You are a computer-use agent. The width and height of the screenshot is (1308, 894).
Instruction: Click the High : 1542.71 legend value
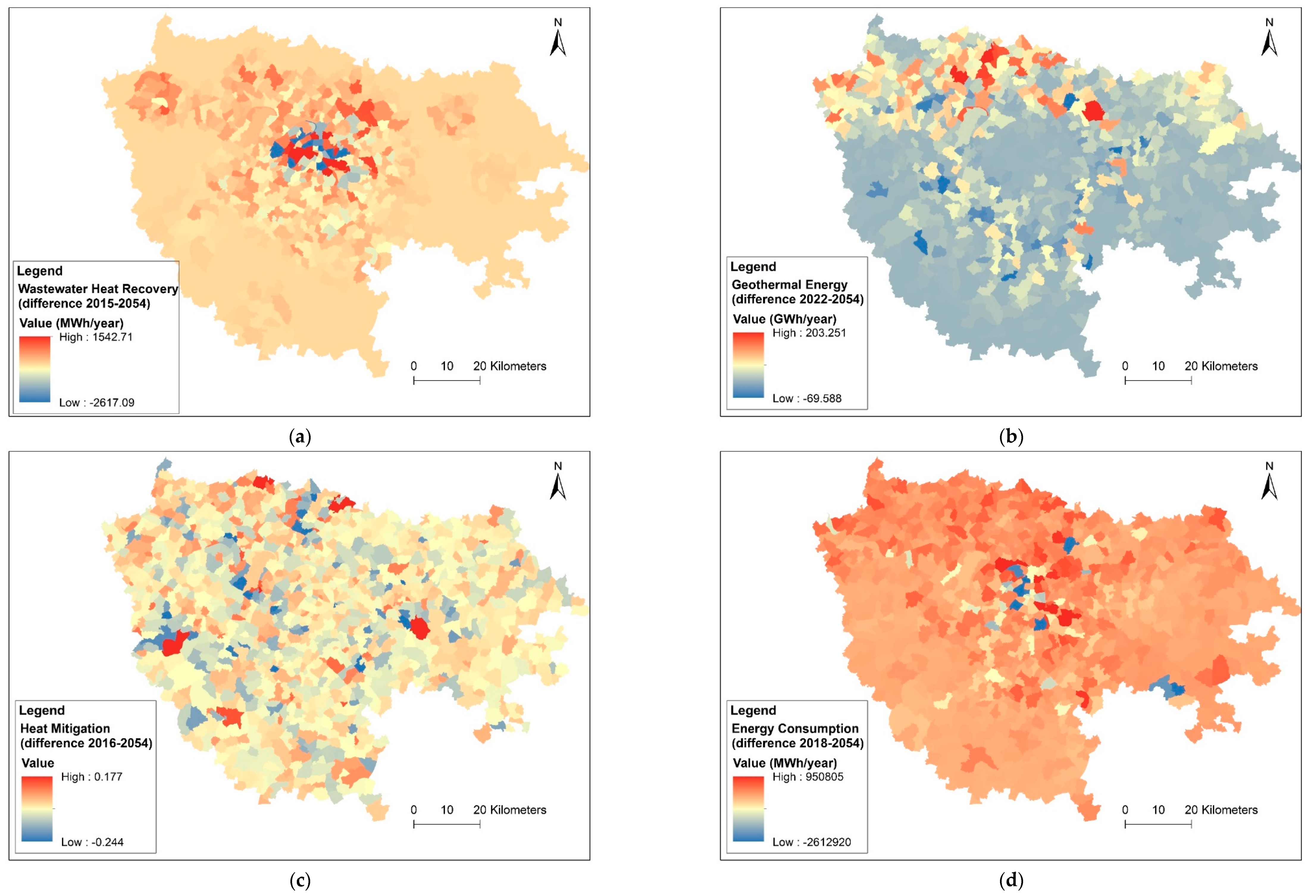[x=96, y=337]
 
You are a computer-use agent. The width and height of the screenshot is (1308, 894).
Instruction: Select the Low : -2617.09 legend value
[x=97, y=403]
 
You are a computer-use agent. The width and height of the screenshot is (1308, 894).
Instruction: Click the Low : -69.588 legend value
[x=807, y=398]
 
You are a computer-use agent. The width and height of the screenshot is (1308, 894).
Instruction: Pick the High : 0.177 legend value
[x=92, y=777]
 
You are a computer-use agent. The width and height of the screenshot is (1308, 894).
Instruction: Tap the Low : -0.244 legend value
[x=92, y=842]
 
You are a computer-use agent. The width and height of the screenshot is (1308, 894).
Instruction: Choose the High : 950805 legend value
[x=808, y=777]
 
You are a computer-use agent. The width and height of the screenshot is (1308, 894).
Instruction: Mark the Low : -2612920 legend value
[x=812, y=842]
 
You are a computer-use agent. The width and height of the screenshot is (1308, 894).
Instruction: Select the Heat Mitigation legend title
[x=86, y=736]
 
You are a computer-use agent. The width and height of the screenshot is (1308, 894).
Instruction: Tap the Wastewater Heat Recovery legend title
[x=98, y=296]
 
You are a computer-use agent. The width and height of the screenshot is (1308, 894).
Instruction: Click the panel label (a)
[x=299, y=437]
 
